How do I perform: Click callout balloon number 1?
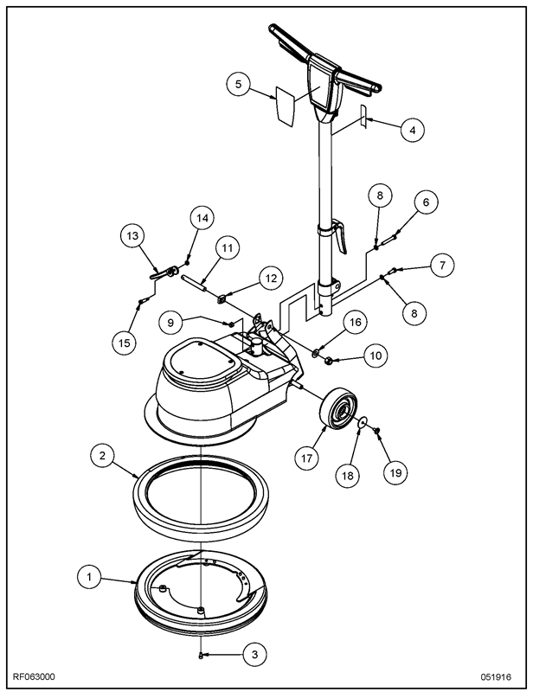tap(90, 576)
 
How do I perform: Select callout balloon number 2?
tap(102, 455)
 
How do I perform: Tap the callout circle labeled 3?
tap(254, 654)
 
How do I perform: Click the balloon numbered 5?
tap(239, 84)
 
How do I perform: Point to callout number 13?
tap(132, 235)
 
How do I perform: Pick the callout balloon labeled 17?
tap(307, 458)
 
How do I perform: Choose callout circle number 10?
tap(376, 356)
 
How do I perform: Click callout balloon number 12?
tap(271, 278)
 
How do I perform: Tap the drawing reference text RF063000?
tap(34, 677)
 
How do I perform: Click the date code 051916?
tap(496, 677)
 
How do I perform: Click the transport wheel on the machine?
tap(338, 407)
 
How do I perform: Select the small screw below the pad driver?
tap(201, 657)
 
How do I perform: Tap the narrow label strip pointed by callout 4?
tap(363, 117)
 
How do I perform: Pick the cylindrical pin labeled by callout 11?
tap(194, 282)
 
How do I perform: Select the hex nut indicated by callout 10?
tap(328, 361)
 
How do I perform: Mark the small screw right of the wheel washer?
tap(377, 429)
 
